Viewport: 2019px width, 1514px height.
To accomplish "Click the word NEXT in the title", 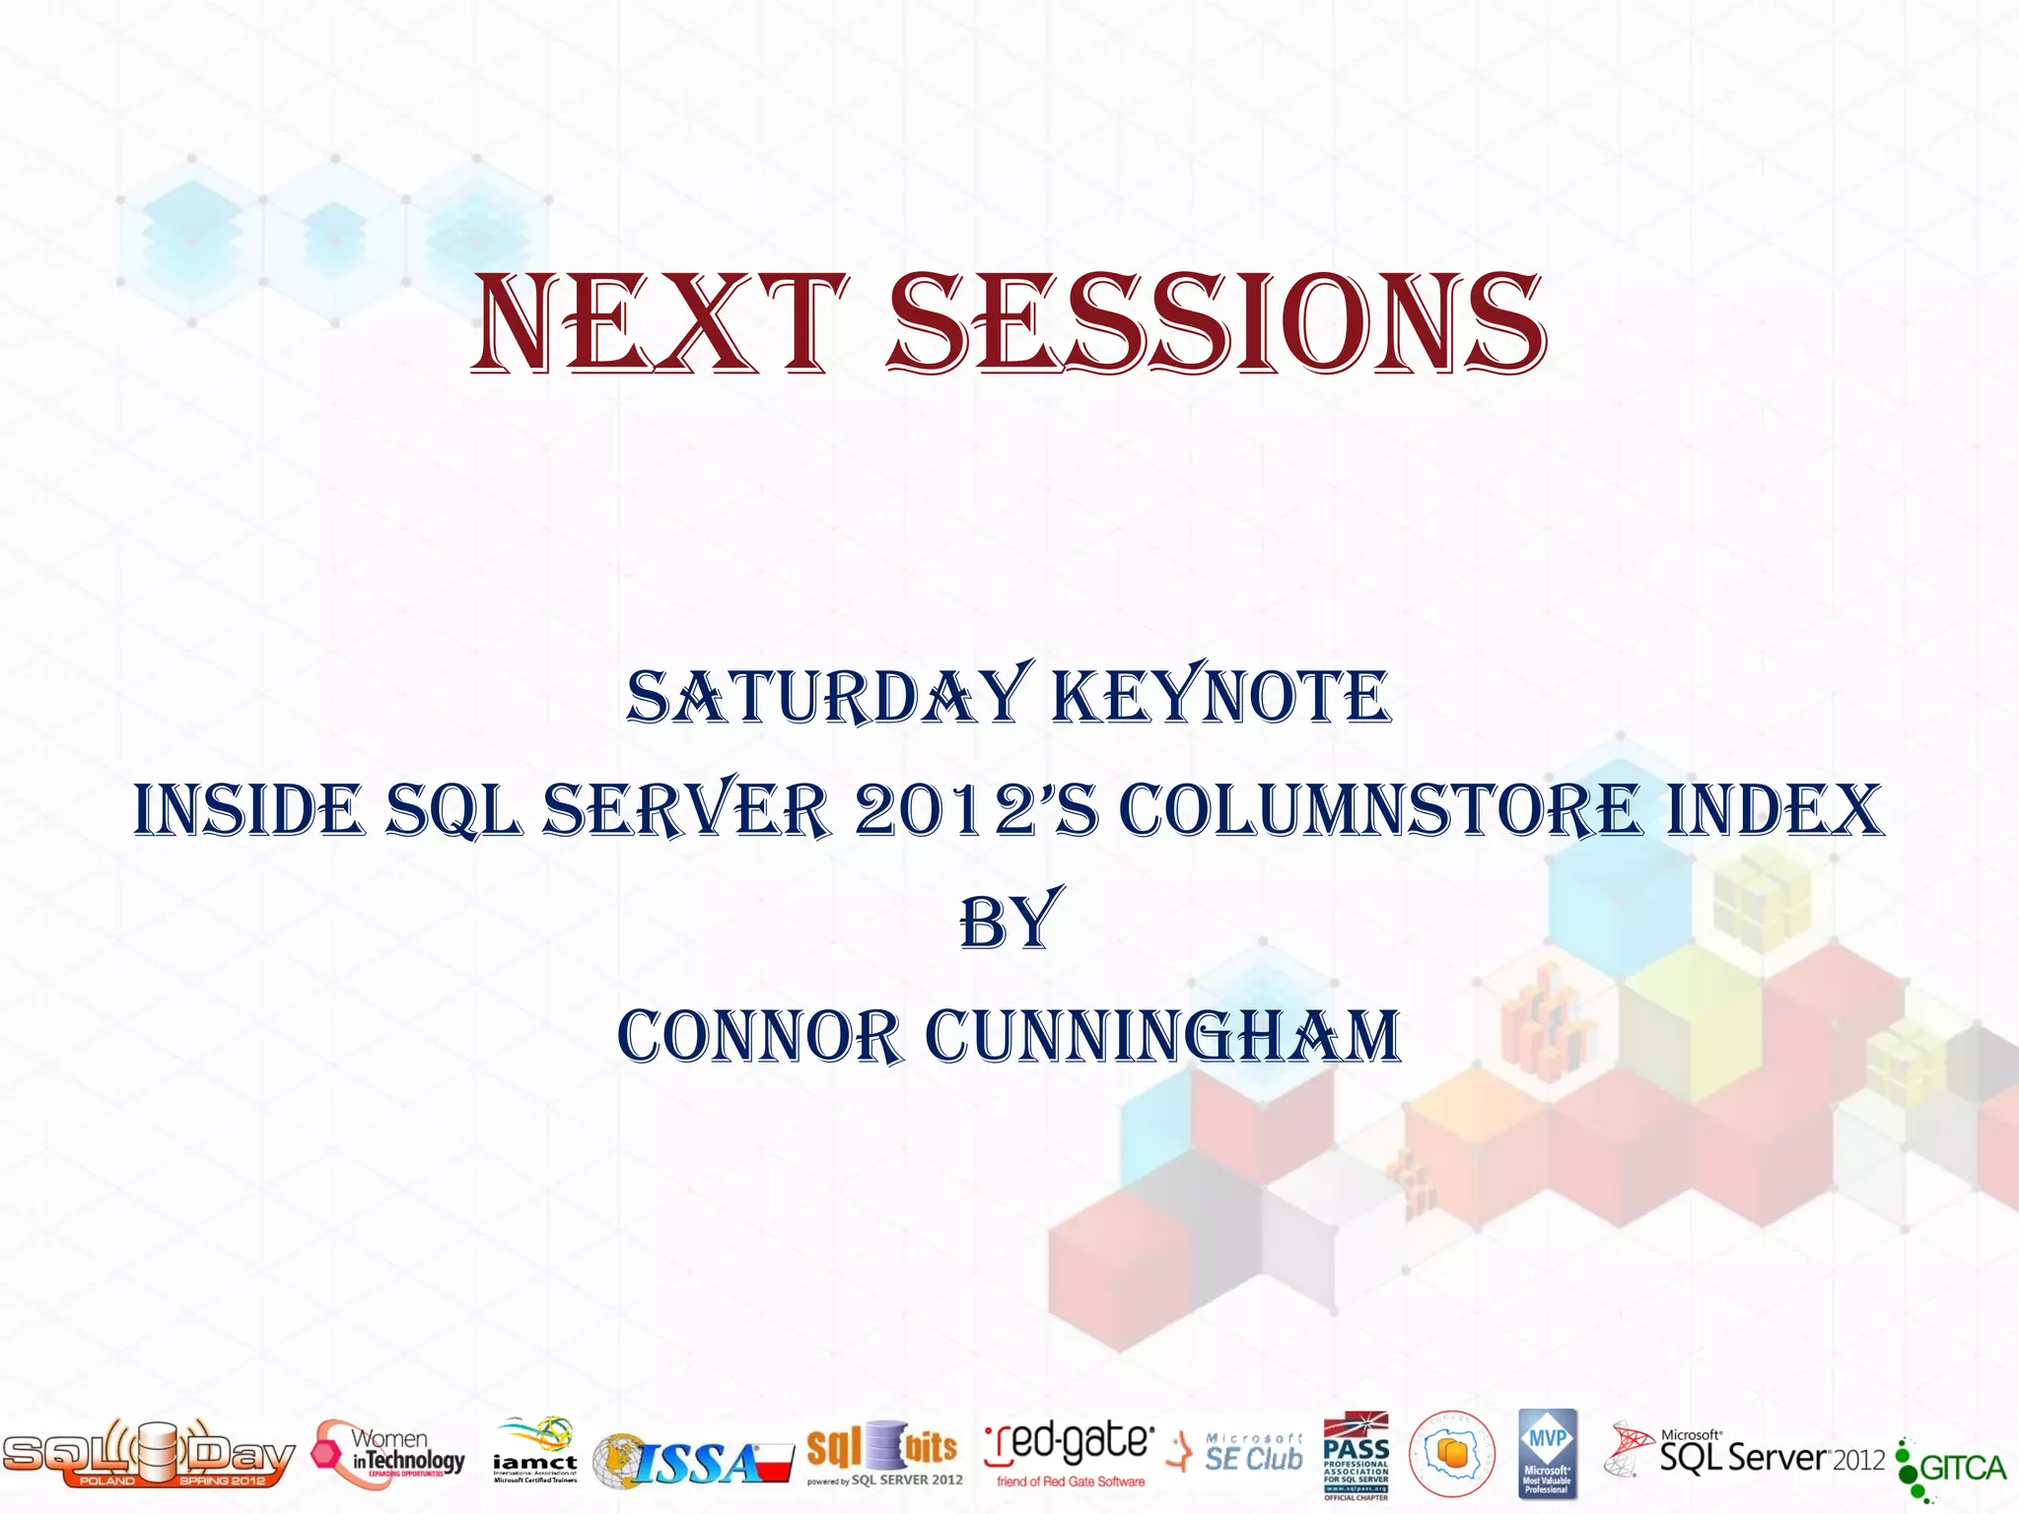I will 658,325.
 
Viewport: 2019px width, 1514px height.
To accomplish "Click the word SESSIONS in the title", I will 1218,325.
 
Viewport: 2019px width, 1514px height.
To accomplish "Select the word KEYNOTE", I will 1221,696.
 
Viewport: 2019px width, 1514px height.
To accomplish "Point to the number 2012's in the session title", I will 975,810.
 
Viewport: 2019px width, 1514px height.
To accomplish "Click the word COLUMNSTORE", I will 1379,810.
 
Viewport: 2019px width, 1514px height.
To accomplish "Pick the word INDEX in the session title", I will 1775,810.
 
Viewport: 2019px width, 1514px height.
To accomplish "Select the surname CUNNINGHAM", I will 1162,1037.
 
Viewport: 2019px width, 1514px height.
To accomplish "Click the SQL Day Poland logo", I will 148,1455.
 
